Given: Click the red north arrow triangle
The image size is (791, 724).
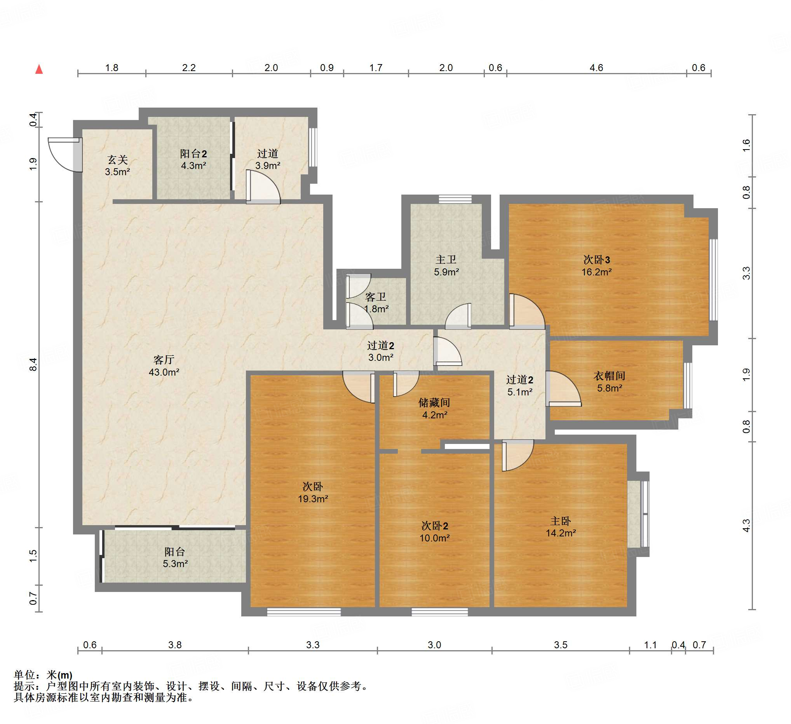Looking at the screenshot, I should pos(39,70).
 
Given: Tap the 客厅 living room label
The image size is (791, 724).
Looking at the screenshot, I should pos(164,360).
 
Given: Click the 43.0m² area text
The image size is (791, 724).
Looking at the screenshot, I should pos(164,372).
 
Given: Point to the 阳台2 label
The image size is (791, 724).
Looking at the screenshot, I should pos(193,154).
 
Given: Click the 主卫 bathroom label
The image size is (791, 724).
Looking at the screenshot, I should pos(446,259).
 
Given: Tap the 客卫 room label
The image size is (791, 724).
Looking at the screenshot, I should pos(375,297).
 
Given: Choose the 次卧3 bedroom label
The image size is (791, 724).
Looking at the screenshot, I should pos(596,259).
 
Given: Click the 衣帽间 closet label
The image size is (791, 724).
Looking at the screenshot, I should pos(609,376).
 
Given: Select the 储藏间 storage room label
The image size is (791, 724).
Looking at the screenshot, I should pos(434,402).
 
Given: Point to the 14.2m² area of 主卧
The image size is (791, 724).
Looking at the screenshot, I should pos(561,533).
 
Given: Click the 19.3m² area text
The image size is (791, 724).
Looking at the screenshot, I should pos(313,499).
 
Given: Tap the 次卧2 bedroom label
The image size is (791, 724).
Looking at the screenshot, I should pos(434,526).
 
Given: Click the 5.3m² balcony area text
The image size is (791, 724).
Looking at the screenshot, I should pos(175,564).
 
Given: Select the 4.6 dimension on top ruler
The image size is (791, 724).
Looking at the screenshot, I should pos(596,68).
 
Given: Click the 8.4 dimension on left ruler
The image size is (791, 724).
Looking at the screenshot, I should pos(33,364).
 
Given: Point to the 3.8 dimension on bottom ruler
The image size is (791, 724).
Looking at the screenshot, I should pos(174,645).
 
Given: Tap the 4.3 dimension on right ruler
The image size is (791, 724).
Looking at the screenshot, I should pos(746,526).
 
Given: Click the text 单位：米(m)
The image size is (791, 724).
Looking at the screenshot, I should pos(43,675).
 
